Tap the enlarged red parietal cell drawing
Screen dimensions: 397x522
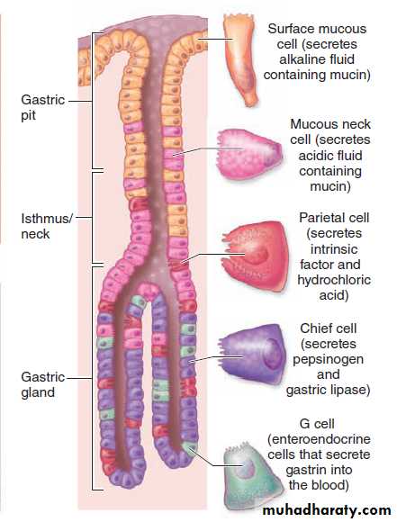tap(255, 256)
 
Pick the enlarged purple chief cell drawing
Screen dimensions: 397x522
tap(253, 354)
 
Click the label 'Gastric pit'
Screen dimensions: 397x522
tap(42, 107)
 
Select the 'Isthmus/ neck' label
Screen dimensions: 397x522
tap(46, 226)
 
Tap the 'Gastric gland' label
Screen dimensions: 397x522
tap(42, 384)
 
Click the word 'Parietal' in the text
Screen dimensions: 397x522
tap(319, 218)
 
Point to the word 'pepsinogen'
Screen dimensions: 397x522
tap(328, 359)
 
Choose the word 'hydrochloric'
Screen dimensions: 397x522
tap(334, 280)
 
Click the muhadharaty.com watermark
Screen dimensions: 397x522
tap(327, 510)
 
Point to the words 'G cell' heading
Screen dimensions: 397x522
tap(317, 424)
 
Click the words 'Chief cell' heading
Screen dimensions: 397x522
tap(328, 328)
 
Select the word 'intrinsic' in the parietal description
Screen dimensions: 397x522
tap(334, 249)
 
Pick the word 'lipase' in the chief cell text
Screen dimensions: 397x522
tap(351, 390)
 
